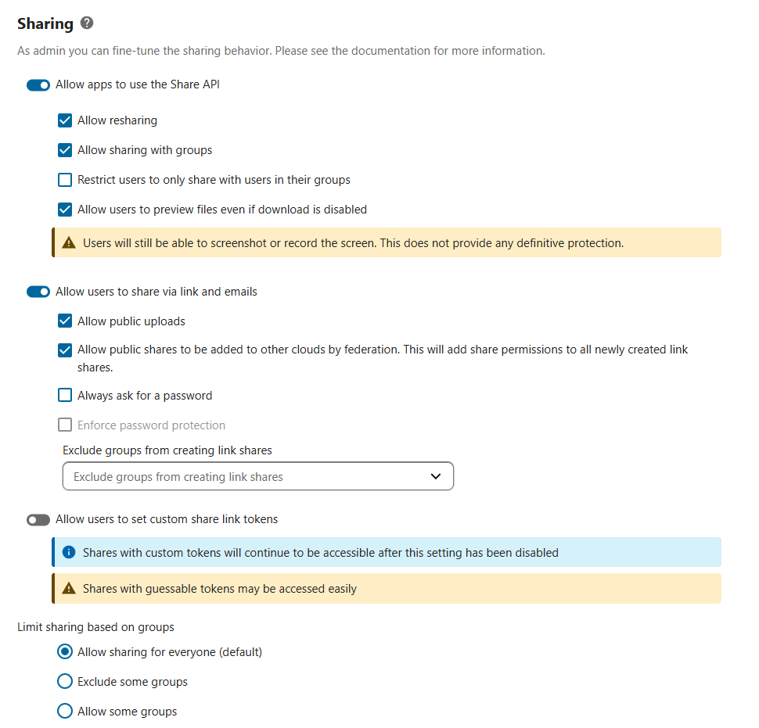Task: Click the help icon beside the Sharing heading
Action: tap(87, 23)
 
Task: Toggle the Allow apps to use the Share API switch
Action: tap(38, 85)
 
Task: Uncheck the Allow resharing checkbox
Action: tap(66, 120)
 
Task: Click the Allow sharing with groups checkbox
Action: tap(66, 150)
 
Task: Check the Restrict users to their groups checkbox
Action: tap(66, 180)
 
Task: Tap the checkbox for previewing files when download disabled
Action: tap(66, 210)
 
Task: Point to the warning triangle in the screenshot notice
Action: tap(69, 243)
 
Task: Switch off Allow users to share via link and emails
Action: tap(38, 292)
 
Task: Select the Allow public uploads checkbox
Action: tap(66, 321)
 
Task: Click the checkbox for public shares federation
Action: tap(66, 350)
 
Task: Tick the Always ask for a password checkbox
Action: tap(66, 396)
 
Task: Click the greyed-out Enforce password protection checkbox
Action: tap(66, 425)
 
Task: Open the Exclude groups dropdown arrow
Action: tap(436, 476)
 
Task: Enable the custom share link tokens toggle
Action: tap(38, 520)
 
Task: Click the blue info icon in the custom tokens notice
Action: tap(69, 553)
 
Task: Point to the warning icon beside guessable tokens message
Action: tap(69, 589)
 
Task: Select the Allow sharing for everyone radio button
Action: tap(66, 652)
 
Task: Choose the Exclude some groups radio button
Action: tap(66, 682)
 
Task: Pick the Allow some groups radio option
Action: tap(66, 712)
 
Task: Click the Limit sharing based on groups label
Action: tap(95, 627)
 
